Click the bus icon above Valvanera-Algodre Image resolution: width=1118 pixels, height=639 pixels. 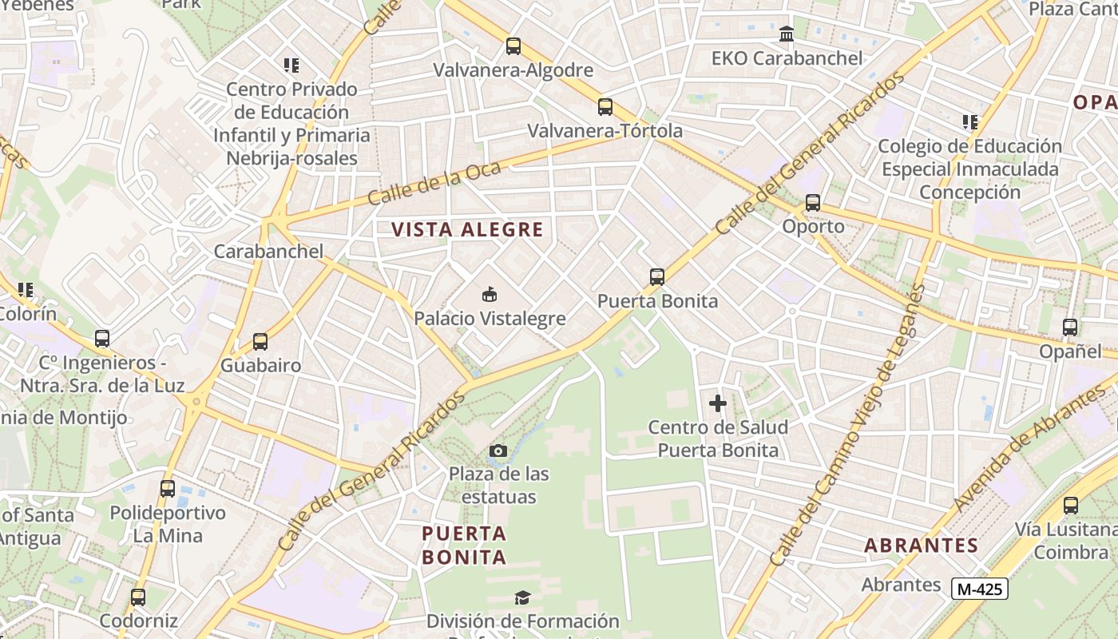point(513,46)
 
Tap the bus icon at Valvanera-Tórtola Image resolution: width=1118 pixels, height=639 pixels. point(605,107)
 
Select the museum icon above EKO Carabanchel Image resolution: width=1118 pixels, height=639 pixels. point(787,34)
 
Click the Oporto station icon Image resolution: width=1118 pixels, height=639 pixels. point(813,203)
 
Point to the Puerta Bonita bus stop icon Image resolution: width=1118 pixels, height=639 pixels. point(657,277)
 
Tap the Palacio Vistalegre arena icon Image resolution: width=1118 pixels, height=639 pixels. point(490,295)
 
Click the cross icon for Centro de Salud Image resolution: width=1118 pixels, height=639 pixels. point(718,403)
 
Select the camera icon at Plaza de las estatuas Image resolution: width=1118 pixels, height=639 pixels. point(498,450)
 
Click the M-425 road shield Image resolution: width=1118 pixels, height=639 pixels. point(980,589)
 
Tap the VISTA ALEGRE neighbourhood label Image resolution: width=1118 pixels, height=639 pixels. point(467,230)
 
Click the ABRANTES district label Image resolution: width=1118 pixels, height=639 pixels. point(921,546)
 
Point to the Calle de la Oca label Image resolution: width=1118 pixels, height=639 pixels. point(435,183)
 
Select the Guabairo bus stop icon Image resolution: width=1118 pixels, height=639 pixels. point(260,342)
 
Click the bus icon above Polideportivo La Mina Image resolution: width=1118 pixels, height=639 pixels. point(168,489)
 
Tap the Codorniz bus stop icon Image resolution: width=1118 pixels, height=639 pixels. point(138,597)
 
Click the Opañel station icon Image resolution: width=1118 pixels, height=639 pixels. point(1070,327)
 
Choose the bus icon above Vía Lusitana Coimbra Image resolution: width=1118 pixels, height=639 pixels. point(1071,506)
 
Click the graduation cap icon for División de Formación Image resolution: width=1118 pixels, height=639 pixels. point(522,597)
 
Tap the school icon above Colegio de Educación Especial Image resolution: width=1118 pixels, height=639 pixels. point(970,122)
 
